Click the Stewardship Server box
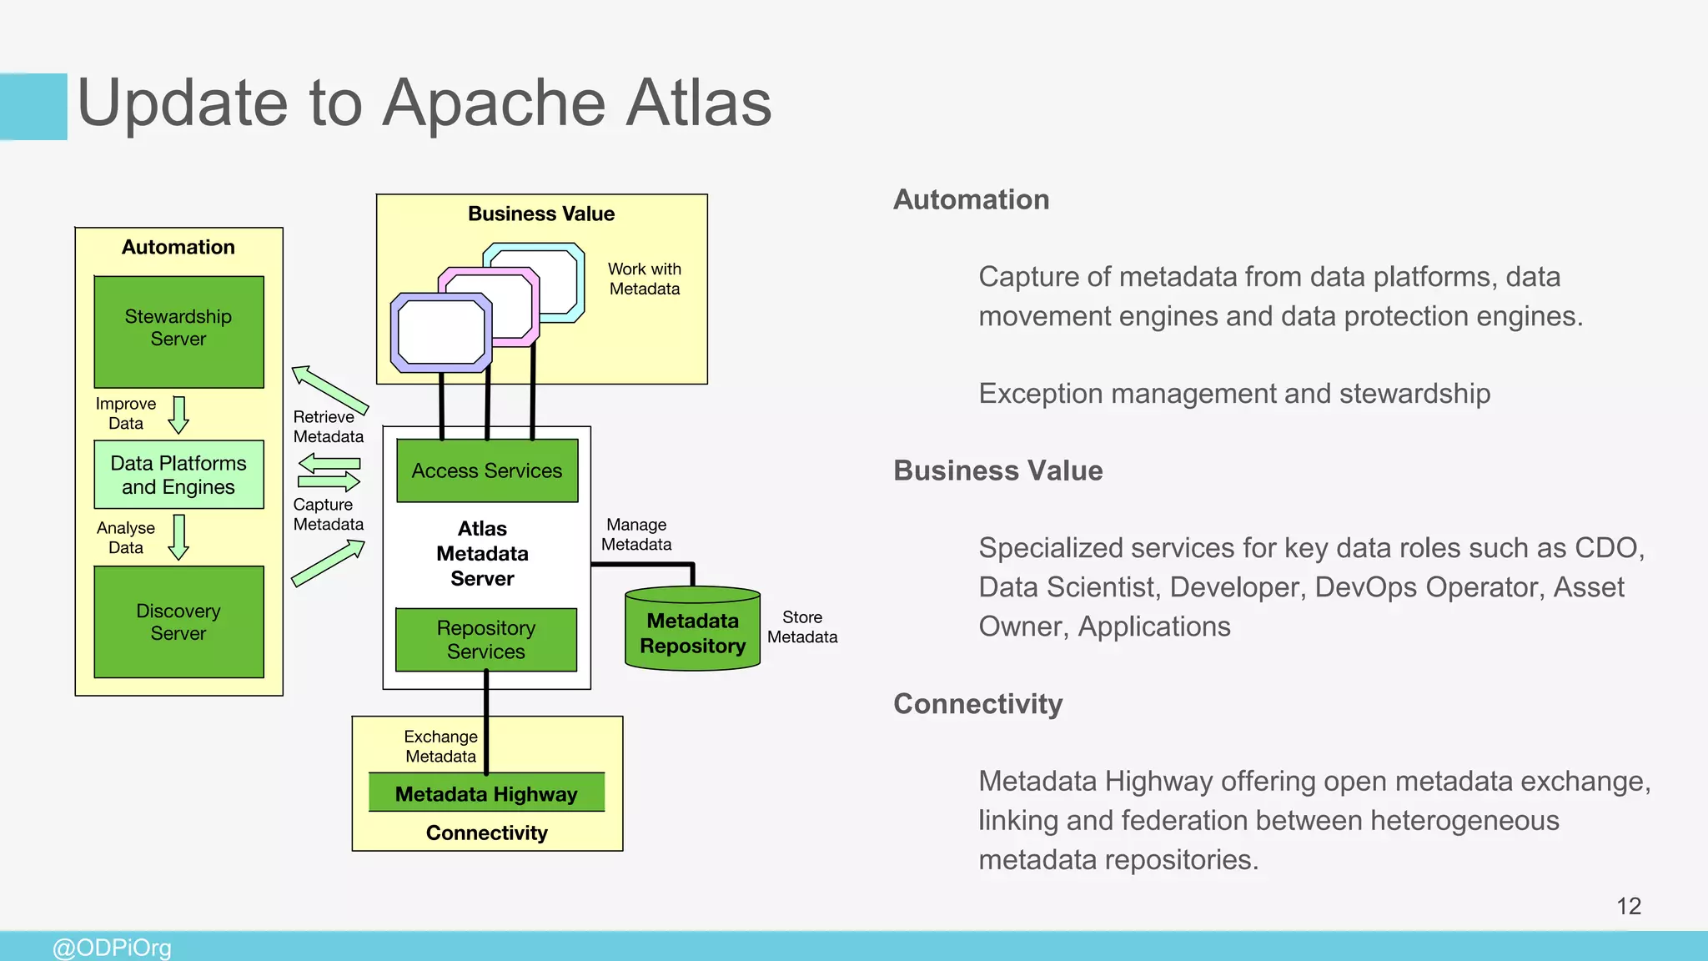178,331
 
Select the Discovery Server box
178,621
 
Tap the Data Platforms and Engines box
178,475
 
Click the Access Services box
487,470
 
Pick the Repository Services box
486,640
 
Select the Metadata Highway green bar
486,792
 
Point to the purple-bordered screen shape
441,332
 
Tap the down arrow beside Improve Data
178,415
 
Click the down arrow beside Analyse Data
178,536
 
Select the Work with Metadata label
644,279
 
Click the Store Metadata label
801,626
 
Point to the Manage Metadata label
636,534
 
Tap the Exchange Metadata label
440,746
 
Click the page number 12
1628,906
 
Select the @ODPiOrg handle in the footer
112,948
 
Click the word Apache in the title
495,103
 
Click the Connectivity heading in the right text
977,703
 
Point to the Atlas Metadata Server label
482,553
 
